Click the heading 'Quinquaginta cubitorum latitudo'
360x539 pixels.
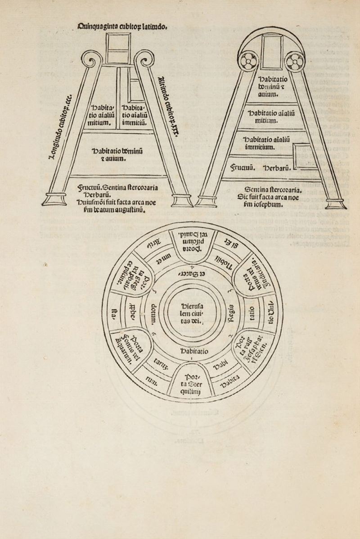point(122,26)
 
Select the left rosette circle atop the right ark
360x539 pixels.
point(247,62)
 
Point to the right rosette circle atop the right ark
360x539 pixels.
point(295,62)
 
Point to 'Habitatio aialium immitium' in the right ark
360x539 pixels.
point(265,143)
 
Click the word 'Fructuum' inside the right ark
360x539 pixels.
point(243,168)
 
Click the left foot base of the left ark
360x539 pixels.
point(54,199)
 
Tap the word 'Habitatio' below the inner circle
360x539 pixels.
point(194,351)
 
